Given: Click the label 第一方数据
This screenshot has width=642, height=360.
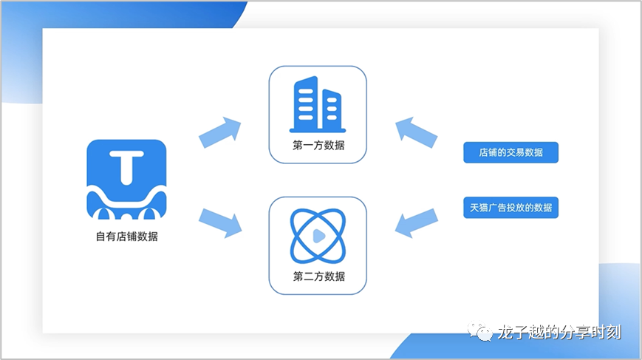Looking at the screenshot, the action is point(318,146).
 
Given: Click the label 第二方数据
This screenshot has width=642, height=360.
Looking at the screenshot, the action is point(318,276).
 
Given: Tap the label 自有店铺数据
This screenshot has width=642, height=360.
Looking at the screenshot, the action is point(126,237).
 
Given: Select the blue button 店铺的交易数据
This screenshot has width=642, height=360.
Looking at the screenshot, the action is point(510,152).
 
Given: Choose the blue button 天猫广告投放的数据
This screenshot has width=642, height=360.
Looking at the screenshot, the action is point(510,208).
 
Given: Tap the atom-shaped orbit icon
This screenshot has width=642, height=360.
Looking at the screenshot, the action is point(318,236).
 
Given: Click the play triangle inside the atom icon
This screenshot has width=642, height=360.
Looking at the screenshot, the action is point(318,236).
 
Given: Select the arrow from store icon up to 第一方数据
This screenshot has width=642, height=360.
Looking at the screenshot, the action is point(220,131).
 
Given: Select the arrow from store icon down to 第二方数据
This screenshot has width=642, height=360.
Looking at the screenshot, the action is point(220,221).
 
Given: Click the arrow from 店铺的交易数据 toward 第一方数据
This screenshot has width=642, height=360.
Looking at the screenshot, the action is point(416,131).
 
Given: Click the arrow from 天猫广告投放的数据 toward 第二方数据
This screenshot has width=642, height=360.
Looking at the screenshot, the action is point(416,222).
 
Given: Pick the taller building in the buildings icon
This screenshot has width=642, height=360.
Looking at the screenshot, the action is point(306,103).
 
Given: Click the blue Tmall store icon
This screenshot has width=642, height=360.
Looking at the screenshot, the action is point(126,180).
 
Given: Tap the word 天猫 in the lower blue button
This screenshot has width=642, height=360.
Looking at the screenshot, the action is point(478,208).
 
